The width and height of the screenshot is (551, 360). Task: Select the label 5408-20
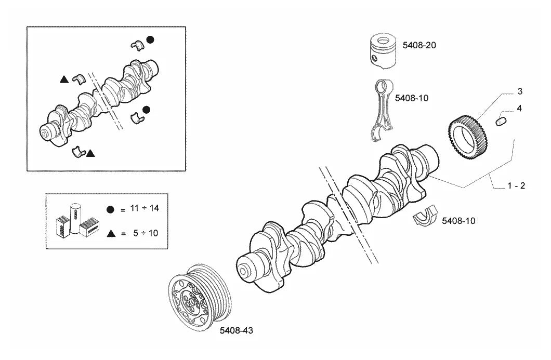419,45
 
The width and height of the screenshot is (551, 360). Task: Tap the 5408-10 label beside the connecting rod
412,98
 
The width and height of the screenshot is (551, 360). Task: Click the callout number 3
520,91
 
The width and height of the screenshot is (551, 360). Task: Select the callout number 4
519,108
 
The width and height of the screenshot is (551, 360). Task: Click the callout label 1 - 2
516,186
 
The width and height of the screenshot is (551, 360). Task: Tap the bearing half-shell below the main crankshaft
425,217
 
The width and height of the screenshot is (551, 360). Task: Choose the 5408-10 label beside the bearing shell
458,221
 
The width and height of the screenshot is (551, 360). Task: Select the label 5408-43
236,330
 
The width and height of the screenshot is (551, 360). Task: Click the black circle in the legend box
110,210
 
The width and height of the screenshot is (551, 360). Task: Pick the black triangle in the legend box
111,233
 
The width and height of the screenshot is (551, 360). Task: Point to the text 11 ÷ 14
145,208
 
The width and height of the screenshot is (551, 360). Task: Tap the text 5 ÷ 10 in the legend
146,233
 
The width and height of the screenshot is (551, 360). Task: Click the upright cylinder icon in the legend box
75,219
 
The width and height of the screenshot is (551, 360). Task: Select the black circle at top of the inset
150,39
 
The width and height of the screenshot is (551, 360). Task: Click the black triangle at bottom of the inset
90,153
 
